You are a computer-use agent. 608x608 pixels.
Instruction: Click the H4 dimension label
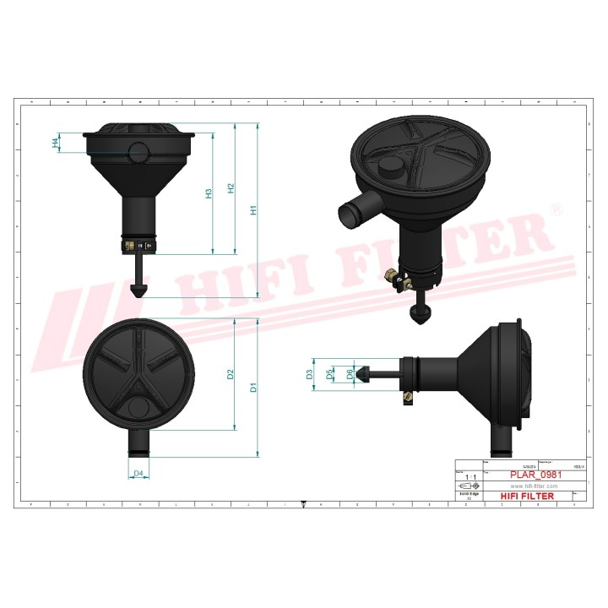57,144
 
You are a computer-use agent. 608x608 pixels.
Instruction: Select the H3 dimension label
209,193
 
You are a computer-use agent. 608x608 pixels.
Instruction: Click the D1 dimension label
252,388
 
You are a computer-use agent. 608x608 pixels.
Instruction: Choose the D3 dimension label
310,373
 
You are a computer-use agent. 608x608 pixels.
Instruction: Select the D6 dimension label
350,373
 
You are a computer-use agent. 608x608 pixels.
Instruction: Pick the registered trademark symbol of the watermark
555,209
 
